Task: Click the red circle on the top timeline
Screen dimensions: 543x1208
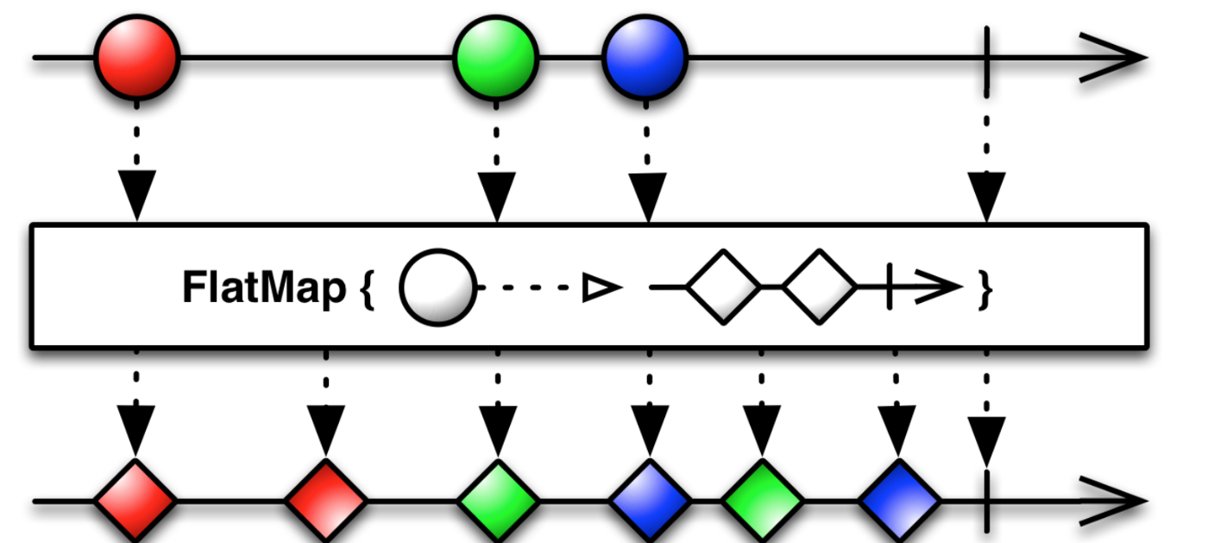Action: pyautogui.click(x=136, y=57)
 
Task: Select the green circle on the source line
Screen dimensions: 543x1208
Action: pyautogui.click(x=495, y=57)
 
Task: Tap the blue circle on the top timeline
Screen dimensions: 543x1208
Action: pyautogui.click(x=645, y=57)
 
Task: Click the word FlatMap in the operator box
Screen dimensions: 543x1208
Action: pyautogui.click(x=262, y=288)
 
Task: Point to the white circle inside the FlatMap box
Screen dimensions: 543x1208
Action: pyautogui.click(x=437, y=287)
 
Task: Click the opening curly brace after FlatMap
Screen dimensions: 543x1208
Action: pyautogui.click(x=367, y=289)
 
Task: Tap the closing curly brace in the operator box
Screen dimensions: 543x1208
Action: pyautogui.click(x=985, y=289)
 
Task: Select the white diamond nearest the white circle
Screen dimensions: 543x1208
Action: pyautogui.click(x=723, y=287)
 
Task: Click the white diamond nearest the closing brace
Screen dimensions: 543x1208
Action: pyautogui.click(x=819, y=287)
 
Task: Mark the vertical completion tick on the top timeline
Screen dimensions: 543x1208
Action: pyautogui.click(x=986, y=57)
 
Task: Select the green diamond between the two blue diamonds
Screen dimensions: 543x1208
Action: pyautogui.click(x=762, y=500)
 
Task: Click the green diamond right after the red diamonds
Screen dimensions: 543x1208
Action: pyautogui.click(x=497, y=500)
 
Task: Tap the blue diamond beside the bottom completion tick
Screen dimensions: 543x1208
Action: pyautogui.click(x=897, y=500)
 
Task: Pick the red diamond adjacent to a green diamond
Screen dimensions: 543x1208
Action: pyautogui.click(x=326, y=500)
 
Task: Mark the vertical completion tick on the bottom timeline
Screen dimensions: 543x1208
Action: pyautogui.click(x=986, y=500)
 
